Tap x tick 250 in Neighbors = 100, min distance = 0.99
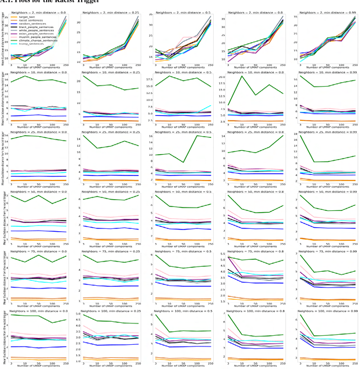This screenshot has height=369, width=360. (x=353, y=362)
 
